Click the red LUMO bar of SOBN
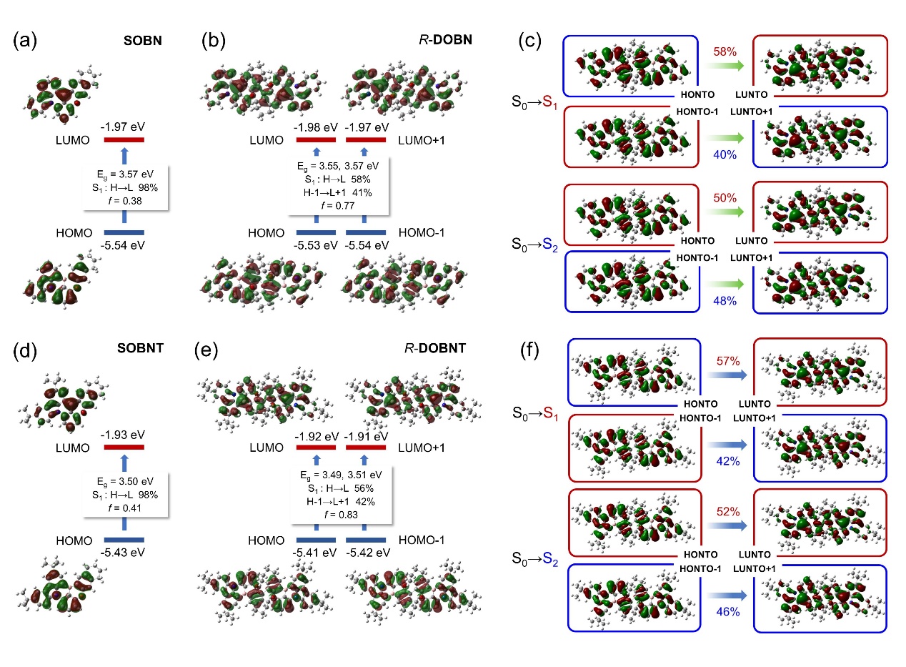124,140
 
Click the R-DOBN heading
446,41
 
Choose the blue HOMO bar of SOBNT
124,539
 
